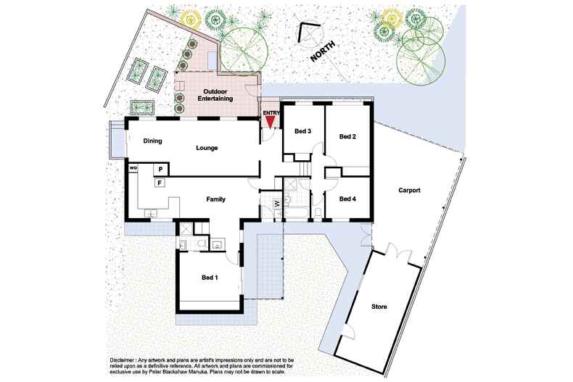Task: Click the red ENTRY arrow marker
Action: (x=270, y=123)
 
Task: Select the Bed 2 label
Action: (x=347, y=136)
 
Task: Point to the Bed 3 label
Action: (x=302, y=131)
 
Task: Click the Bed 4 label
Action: (x=347, y=199)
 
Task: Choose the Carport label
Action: (x=410, y=191)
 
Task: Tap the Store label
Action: (x=379, y=307)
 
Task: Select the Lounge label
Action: (x=207, y=148)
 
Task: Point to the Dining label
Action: (x=152, y=141)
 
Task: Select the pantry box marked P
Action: (x=160, y=169)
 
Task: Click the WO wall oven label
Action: (x=133, y=168)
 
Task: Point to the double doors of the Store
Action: (x=392, y=252)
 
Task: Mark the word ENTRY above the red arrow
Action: (x=270, y=112)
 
